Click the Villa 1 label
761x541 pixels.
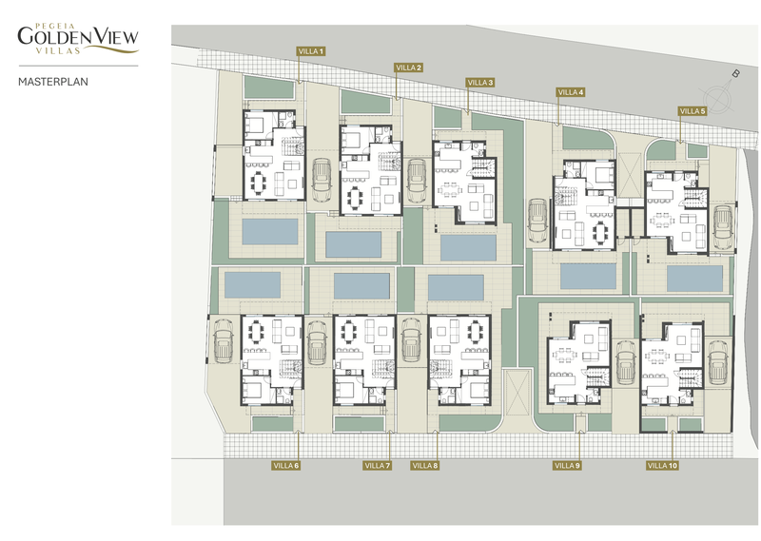click(311, 51)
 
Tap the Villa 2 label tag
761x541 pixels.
click(408, 68)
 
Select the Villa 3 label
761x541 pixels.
click(480, 83)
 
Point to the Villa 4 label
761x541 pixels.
click(570, 92)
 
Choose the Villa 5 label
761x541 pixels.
click(693, 111)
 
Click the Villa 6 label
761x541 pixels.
click(286, 466)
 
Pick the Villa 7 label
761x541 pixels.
click(377, 466)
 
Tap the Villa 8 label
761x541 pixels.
click(425, 466)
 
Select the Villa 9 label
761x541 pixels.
click(567, 466)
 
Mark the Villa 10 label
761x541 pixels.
click(662, 466)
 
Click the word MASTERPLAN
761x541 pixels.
click(53, 82)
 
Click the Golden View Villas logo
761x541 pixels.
click(78, 38)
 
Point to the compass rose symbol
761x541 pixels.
click(717, 93)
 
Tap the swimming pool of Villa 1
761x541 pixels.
click(270, 231)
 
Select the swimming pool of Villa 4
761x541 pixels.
click(588, 276)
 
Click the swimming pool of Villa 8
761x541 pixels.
click(456, 287)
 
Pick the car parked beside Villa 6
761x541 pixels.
click(224, 340)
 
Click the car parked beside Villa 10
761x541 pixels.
click(717, 362)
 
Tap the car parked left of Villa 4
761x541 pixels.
click(537, 221)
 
